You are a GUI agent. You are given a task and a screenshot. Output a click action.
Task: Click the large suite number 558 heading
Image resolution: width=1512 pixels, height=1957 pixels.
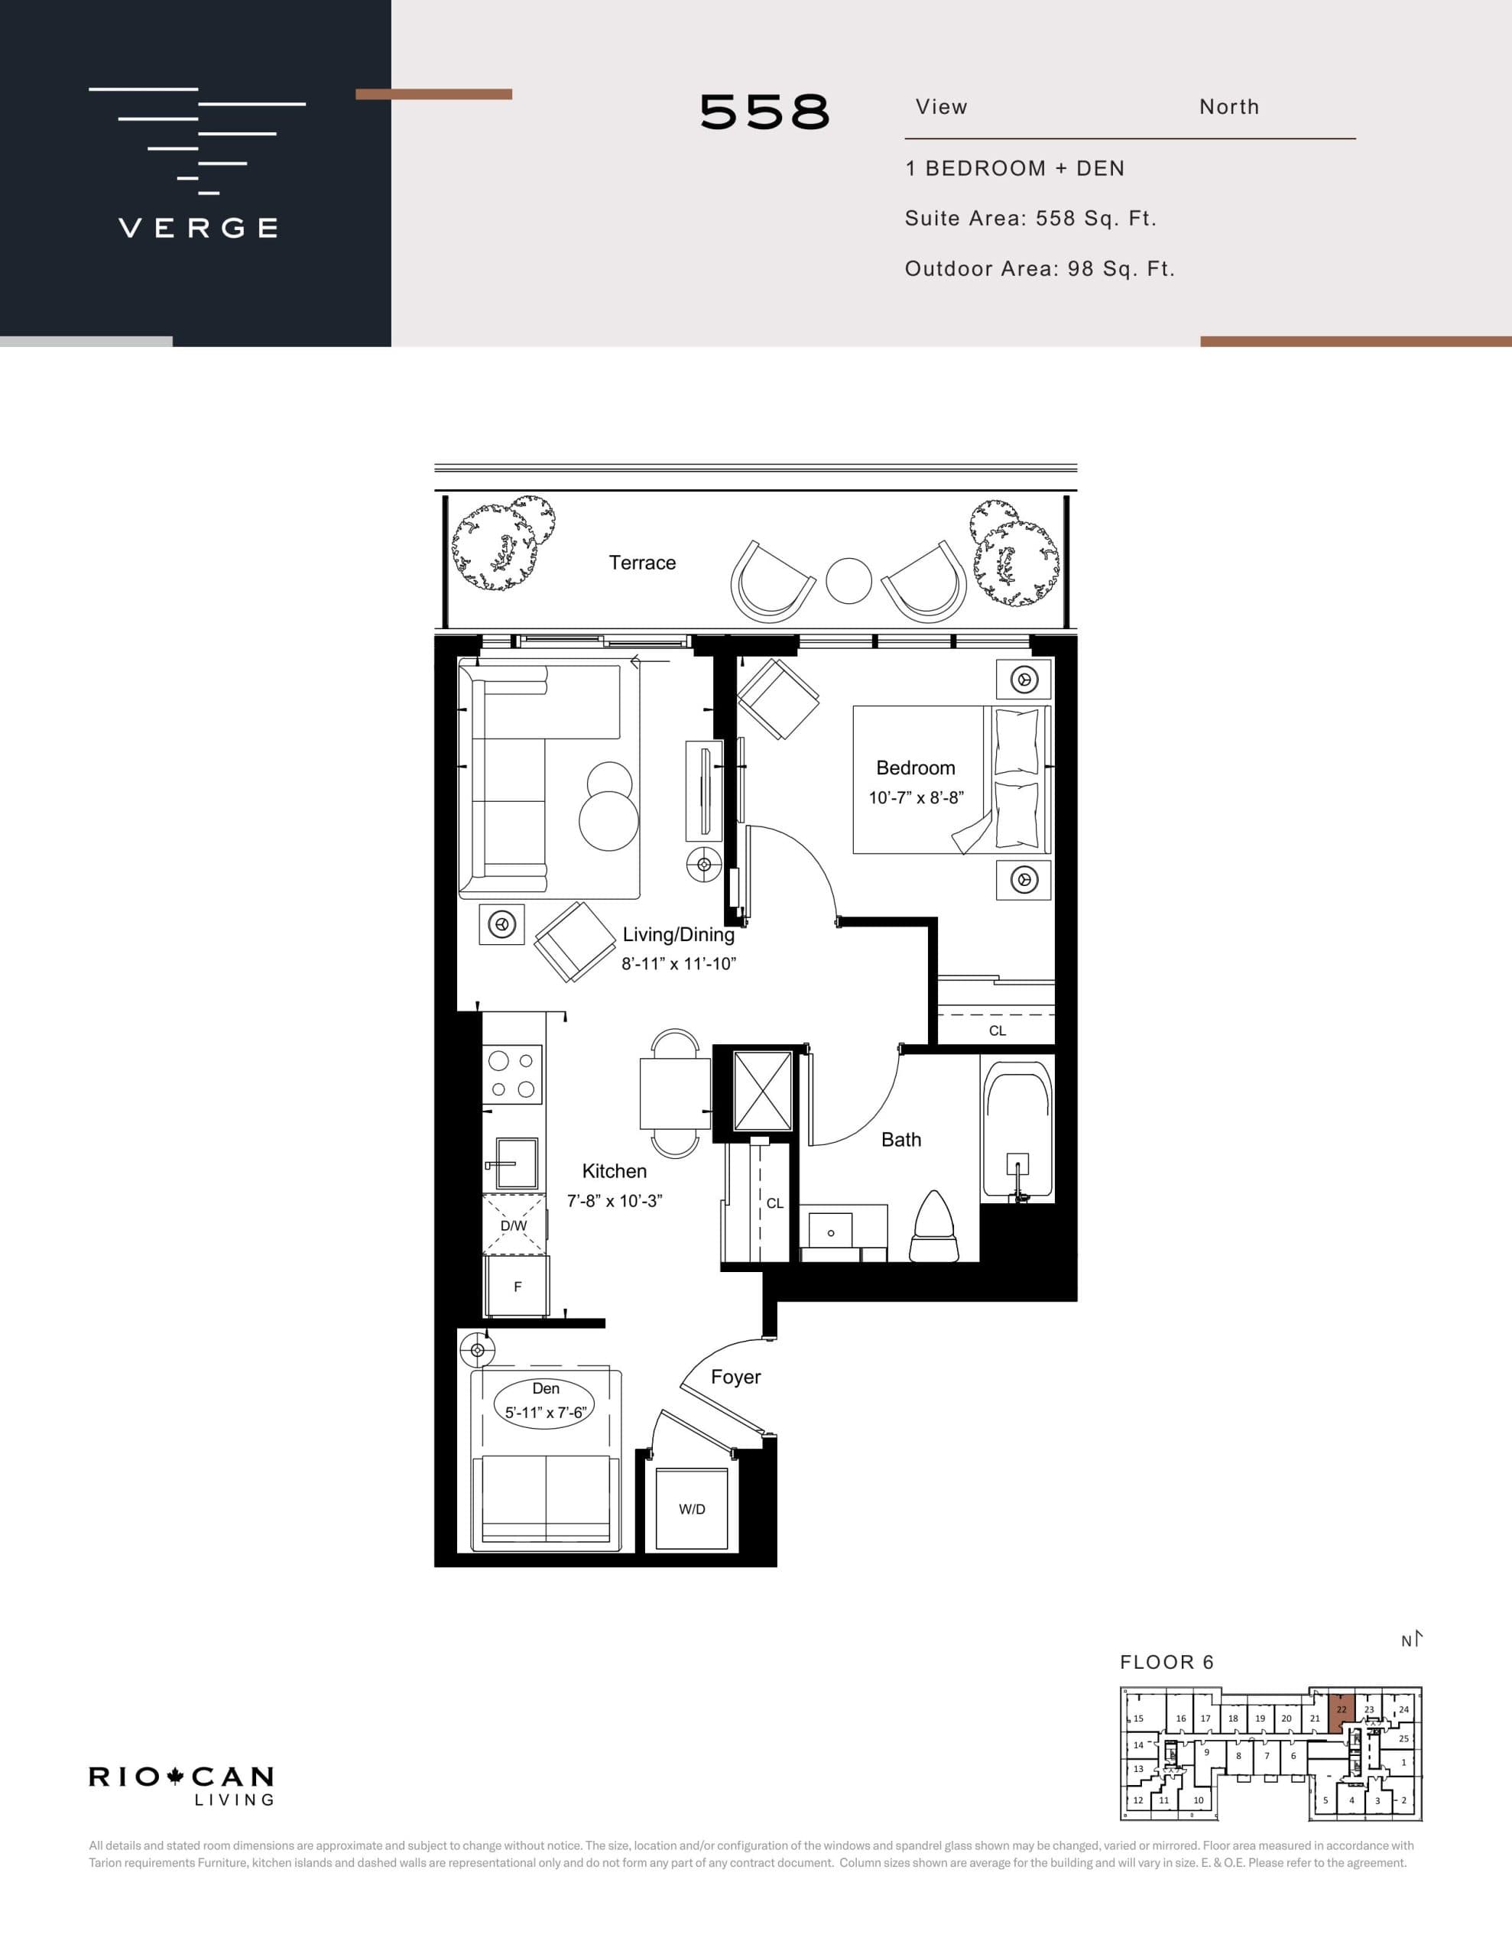coord(764,113)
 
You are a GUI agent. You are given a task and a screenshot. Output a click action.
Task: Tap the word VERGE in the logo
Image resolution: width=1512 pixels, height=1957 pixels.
coord(198,228)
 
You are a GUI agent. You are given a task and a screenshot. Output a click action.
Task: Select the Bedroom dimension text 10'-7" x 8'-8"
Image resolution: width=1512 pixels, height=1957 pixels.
coord(915,797)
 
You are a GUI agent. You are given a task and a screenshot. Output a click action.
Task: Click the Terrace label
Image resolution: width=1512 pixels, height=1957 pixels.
coord(642,563)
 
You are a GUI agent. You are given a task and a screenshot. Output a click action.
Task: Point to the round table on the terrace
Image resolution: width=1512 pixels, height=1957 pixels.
coord(848,581)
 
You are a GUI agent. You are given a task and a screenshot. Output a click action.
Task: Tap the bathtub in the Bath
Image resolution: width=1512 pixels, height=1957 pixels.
coord(1017,1130)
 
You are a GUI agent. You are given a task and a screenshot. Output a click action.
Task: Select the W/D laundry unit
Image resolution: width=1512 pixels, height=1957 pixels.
coord(691,1509)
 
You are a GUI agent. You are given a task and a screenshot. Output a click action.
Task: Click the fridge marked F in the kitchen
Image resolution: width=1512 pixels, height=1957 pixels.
coord(516,1286)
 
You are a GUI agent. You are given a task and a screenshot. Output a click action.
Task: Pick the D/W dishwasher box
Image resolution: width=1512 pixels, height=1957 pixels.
coord(514,1225)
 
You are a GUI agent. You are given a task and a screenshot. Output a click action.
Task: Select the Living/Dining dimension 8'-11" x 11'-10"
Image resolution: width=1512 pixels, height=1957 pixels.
coord(679,964)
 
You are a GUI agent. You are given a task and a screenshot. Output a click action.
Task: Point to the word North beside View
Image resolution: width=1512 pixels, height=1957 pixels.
coord(1228,108)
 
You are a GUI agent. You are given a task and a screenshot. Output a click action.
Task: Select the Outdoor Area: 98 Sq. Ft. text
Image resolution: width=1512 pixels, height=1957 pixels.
coord(1039,269)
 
